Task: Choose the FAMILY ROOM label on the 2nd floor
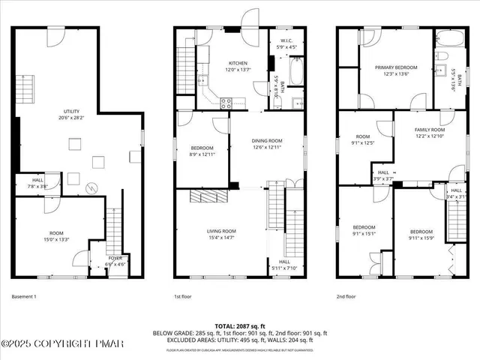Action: (430, 130)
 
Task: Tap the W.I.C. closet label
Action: (286, 41)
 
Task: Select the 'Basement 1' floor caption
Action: (25, 297)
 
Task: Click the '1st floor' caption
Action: (183, 297)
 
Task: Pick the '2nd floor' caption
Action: (346, 297)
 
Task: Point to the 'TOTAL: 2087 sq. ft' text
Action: (240, 325)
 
